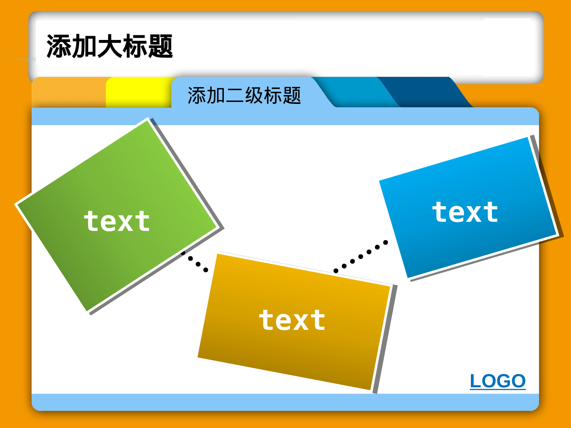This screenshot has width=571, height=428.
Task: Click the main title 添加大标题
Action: [110, 46]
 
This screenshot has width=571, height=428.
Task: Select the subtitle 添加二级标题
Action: [244, 95]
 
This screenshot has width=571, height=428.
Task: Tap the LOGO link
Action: [498, 381]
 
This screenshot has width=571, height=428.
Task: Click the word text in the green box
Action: [117, 221]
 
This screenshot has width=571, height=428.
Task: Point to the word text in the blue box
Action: [465, 212]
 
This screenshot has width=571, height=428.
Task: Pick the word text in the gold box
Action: [292, 320]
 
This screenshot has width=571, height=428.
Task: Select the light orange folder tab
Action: [69, 92]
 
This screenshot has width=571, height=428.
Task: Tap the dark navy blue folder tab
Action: [426, 91]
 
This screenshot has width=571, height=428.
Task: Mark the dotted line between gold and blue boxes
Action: [360, 257]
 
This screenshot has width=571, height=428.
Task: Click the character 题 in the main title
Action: [161, 46]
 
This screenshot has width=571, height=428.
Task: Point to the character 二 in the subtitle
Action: [235, 95]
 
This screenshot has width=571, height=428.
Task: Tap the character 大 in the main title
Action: [110, 46]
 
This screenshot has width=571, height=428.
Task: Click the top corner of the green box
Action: [147, 120]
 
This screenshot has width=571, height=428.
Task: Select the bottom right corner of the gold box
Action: [370, 389]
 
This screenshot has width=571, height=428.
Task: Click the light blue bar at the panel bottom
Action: [285, 402]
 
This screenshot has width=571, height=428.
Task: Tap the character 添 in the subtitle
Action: [196, 95]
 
